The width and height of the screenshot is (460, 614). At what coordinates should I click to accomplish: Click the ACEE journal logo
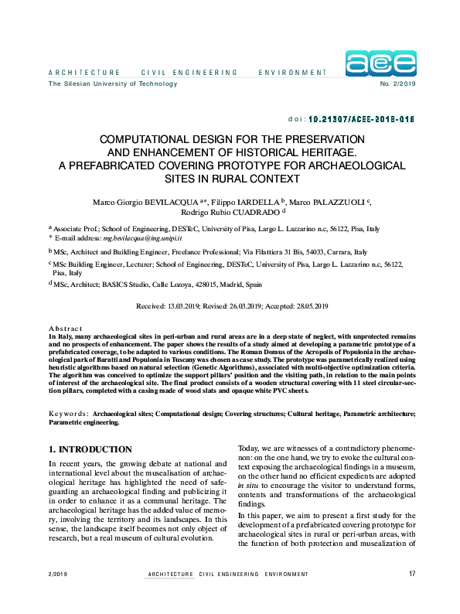tap(380, 63)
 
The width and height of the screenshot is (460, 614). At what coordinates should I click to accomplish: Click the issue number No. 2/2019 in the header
tap(398, 84)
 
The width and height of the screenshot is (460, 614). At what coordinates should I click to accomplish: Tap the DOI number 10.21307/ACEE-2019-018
tap(362, 120)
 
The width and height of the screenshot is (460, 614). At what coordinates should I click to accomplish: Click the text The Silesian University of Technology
tap(102, 84)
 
